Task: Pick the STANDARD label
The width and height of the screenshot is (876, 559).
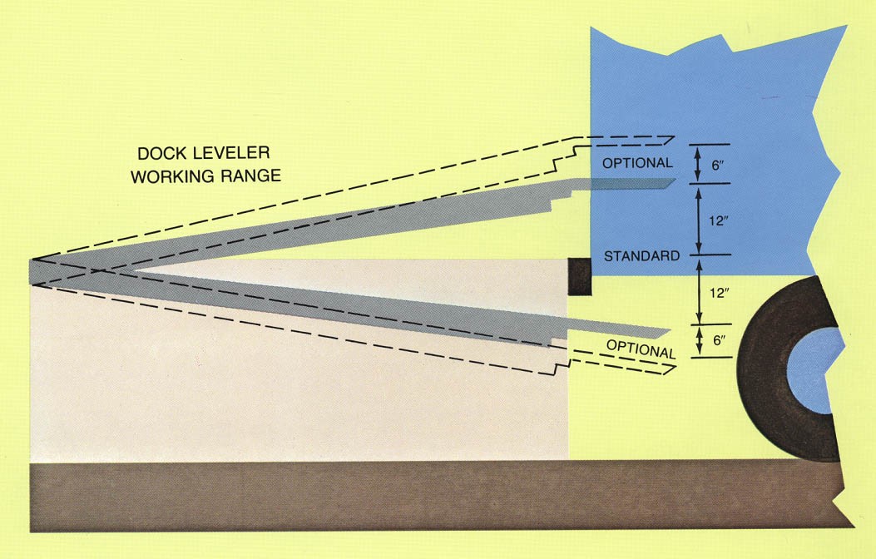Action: click(641, 255)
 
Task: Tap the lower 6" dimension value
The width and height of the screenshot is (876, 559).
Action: click(717, 341)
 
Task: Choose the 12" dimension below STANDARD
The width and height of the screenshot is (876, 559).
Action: click(717, 294)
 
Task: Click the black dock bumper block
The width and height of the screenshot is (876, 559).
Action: click(579, 275)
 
